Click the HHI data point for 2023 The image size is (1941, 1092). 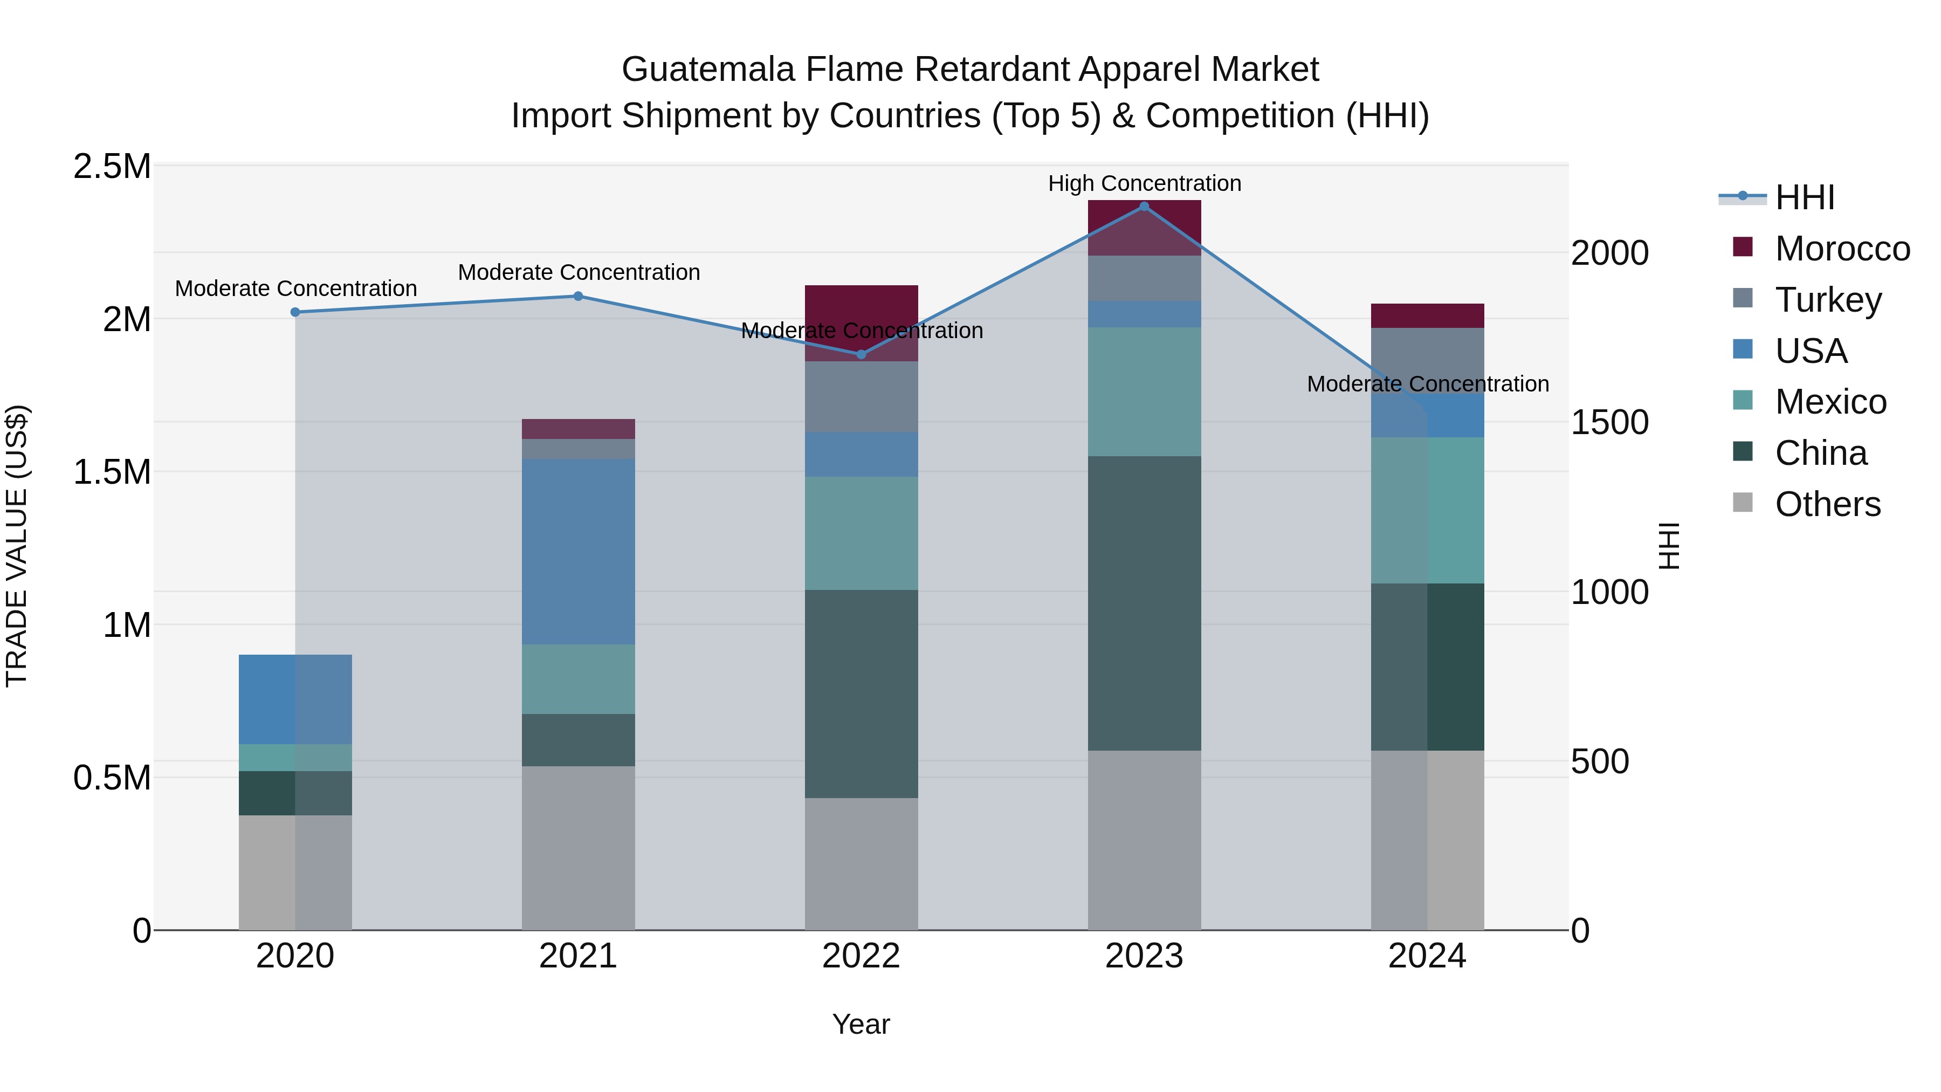pyautogui.click(x=1144, y=207)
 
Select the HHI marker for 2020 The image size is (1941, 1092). pyautogui.click(x=295, y=312)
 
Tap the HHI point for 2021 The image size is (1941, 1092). pyautogui.click(x=578, y=296)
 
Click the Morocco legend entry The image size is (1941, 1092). pyautogui.click(x=1842, y=249)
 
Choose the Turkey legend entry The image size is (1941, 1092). pyautogui.click(x=1827, y=300)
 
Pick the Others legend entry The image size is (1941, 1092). pyautogui.click(x=1827, y=504)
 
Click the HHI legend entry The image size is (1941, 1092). pyautogui.click(x=1804, y=197)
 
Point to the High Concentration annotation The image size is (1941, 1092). pyautogui.click(x=1144, y=184)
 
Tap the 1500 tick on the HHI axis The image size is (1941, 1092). pyautogui.click(x=1609, y=423)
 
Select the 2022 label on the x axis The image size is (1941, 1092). pyautogui.click(x=861, y=956)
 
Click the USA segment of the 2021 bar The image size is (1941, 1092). pyautogui.click(x=578, y=552)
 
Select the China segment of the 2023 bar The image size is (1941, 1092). pyautogui.click(x=1144, y=603)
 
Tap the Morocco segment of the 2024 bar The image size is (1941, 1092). pyautogui.click(x=1427, y=316)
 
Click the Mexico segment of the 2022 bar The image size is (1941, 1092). pyautogui.click(x=861, y=533)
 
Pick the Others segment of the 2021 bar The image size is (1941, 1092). pyautogui.click(x=578, y=848)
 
